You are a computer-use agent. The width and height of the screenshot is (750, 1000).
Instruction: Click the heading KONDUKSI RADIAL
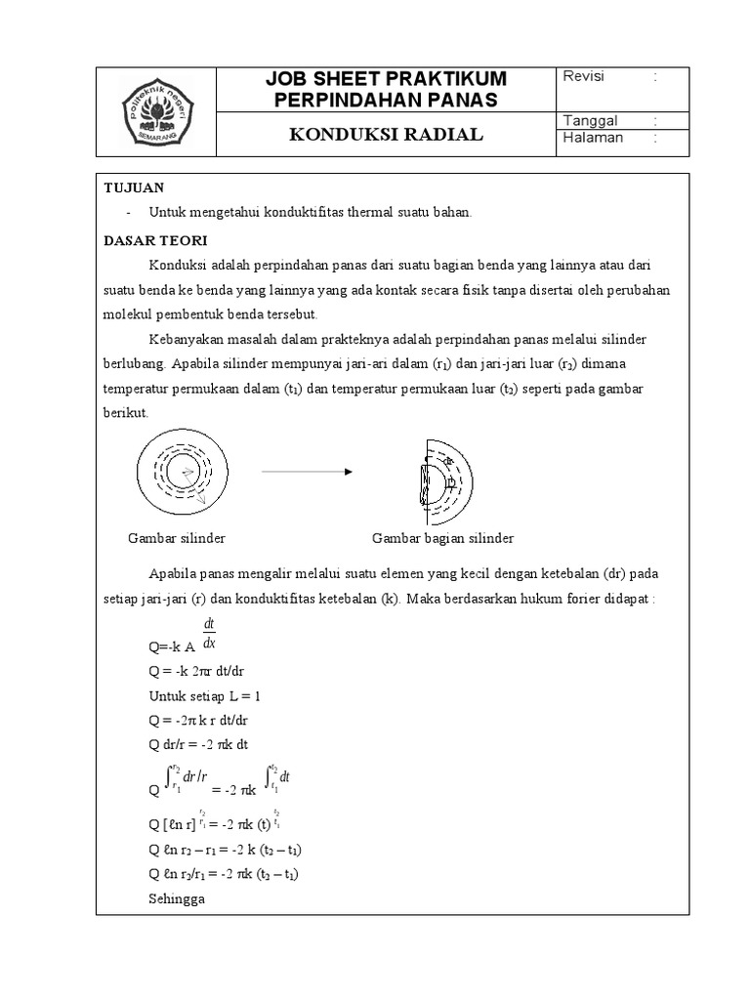(386, 135)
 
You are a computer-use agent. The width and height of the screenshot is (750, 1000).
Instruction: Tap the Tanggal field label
(591, 120)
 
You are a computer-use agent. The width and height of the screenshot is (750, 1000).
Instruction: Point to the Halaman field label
(593, 138)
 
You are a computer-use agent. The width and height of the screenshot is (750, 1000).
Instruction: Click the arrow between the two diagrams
(306, 472)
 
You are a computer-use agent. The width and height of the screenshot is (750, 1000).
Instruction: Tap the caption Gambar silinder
(177, 538)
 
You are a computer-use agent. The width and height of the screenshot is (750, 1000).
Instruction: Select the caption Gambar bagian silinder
(442, 538)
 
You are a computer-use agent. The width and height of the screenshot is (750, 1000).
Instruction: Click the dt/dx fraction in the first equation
(209, 634)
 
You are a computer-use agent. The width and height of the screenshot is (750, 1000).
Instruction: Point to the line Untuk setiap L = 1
(204, 696)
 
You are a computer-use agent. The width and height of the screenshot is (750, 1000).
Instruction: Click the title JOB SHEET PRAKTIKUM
(386, 78)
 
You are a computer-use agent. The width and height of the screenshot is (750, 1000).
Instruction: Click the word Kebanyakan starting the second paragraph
(187, 338)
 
